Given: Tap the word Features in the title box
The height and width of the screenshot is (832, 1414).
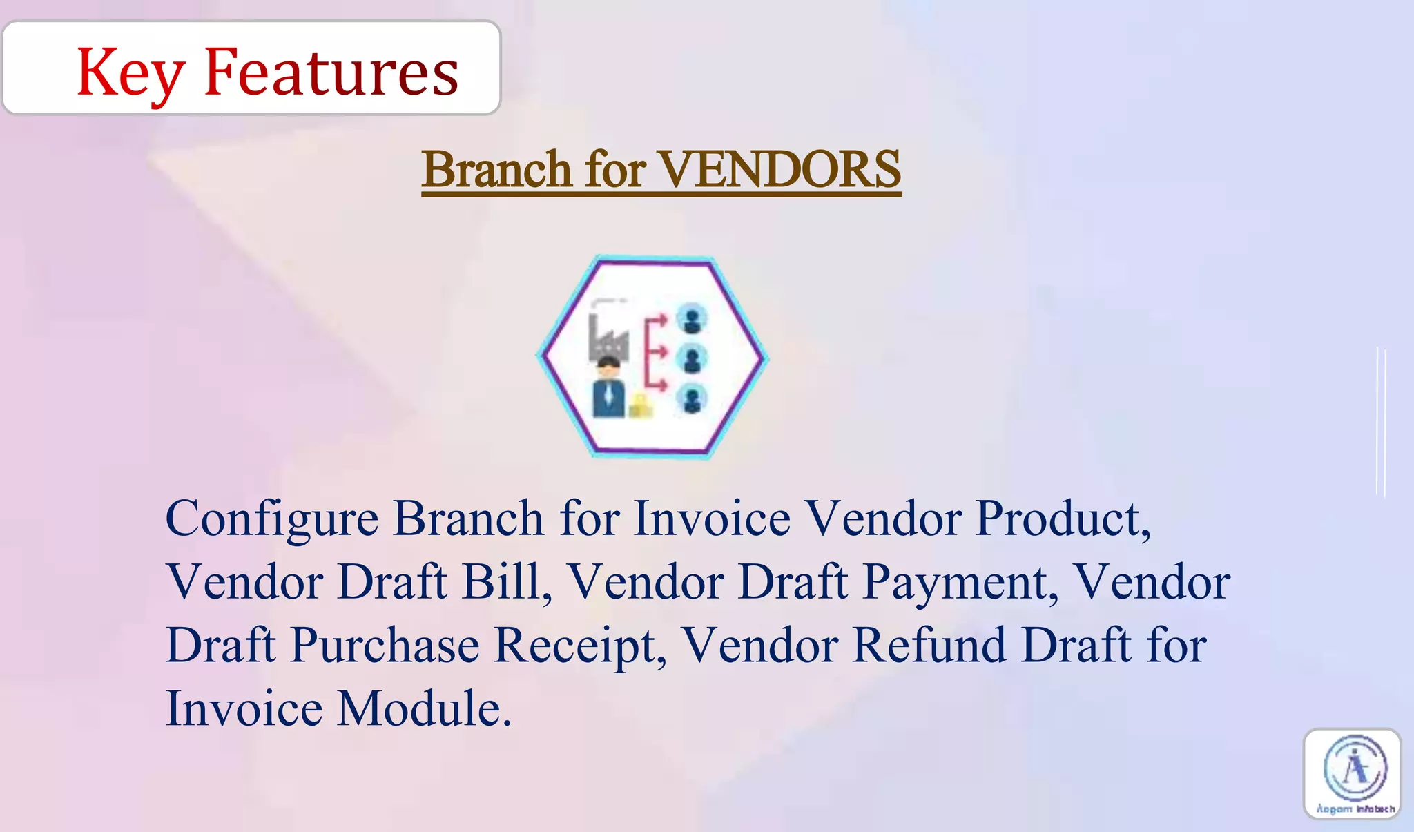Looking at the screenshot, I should (331, 72).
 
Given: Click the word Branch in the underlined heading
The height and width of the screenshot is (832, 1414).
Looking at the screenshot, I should (496, 169).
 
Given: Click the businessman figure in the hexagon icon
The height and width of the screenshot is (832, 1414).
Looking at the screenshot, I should (608, 390).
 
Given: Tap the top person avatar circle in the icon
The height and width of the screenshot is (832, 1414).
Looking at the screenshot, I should (691, 319).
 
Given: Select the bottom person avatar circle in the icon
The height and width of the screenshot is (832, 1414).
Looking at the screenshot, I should (691, 398).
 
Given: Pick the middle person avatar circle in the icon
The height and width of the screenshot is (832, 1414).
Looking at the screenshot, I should (691, 359).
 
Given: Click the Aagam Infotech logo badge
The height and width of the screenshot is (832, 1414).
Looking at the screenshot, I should (1352, 774).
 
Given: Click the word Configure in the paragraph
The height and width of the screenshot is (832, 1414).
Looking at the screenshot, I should (271, 519).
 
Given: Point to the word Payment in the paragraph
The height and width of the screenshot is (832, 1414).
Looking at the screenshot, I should (960, 583).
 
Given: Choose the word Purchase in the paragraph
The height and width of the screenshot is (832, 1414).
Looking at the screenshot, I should (385, 646).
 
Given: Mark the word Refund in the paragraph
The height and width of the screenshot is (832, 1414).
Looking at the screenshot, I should (929, 645).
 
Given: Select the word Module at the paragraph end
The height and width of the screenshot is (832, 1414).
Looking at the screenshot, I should (423, 708).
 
